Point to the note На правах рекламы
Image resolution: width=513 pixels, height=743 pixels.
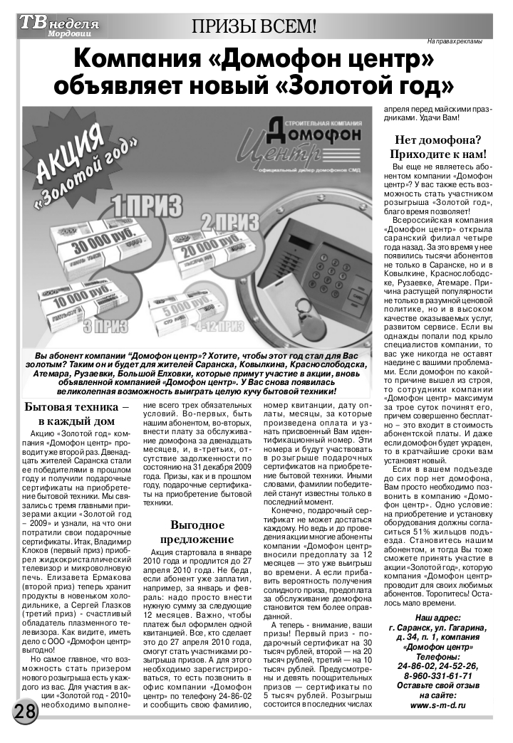(455, 41)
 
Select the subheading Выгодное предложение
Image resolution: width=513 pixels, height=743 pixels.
(198, 533)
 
